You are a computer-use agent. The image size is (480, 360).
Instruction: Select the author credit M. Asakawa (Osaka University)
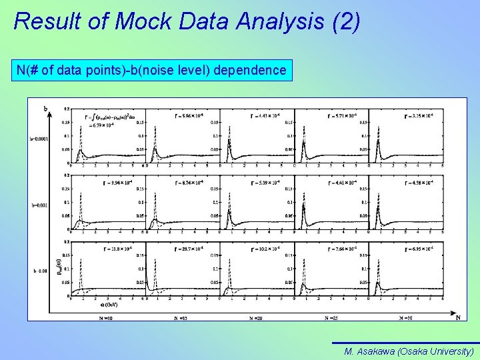click(409, 351)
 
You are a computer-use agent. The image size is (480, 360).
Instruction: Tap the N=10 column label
click(107, 318)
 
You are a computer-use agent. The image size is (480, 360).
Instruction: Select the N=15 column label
click(180, 319)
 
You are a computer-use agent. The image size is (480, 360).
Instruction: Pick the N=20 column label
click(257, 319)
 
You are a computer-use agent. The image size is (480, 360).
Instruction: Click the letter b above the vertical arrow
click(45, 108)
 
